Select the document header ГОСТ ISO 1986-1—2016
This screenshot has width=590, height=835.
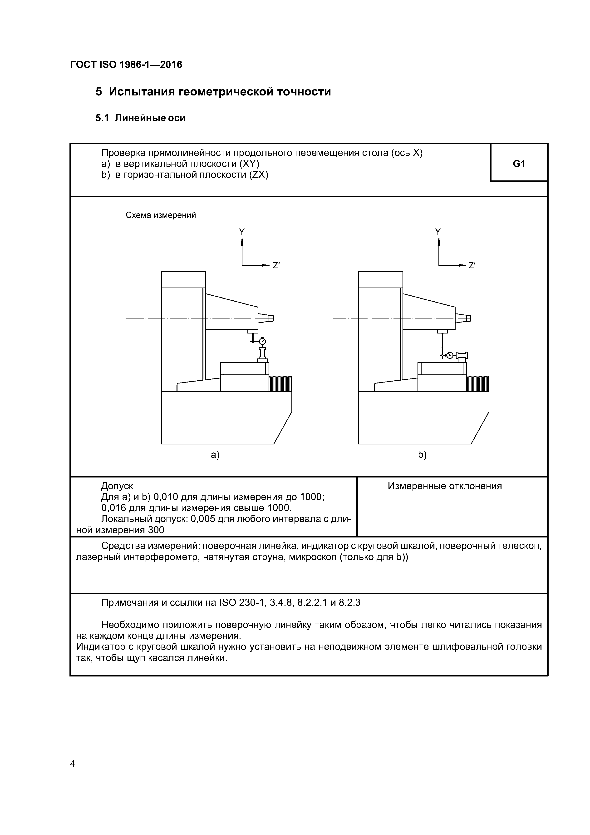126,65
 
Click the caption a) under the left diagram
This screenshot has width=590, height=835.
215,455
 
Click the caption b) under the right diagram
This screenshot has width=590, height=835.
422,455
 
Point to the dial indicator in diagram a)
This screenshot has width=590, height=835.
262,341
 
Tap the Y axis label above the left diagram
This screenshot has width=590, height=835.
242,232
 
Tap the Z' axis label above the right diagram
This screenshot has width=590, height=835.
472,266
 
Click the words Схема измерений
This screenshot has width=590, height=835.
161,215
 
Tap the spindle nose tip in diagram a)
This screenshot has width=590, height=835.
271,318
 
